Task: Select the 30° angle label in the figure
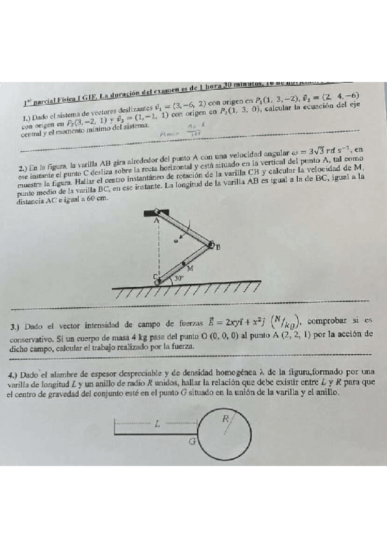pos(180,279)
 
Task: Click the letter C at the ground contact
pos(154,277)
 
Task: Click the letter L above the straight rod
pos(156,425)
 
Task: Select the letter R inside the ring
pos(224,418)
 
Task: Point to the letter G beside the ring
pos(191,443)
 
